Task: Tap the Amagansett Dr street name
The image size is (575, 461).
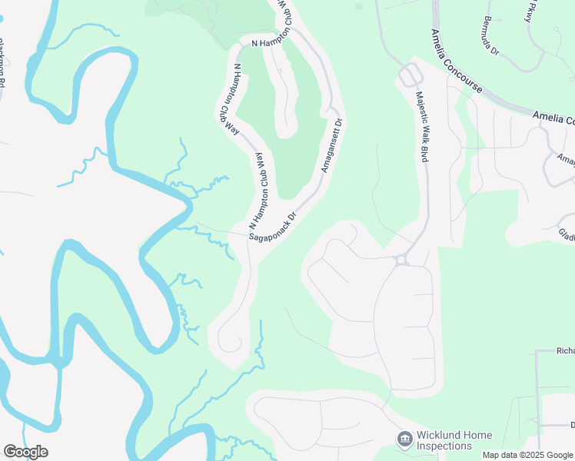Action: (x=331, y=145)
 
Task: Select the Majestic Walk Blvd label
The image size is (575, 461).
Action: (x=421, y=127)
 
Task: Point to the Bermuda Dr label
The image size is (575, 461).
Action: (x=492, y=37)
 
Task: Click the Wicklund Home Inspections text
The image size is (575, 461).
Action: (x=454, y=440)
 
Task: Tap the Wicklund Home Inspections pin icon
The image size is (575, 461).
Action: (x=404, y=439)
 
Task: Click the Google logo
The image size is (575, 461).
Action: (x=25, y=452)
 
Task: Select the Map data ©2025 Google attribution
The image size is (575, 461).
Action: (x=527, y=455)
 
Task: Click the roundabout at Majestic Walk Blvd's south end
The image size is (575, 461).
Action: (x=401, y=260)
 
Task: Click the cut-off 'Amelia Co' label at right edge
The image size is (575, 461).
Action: (x=553, y=119)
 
